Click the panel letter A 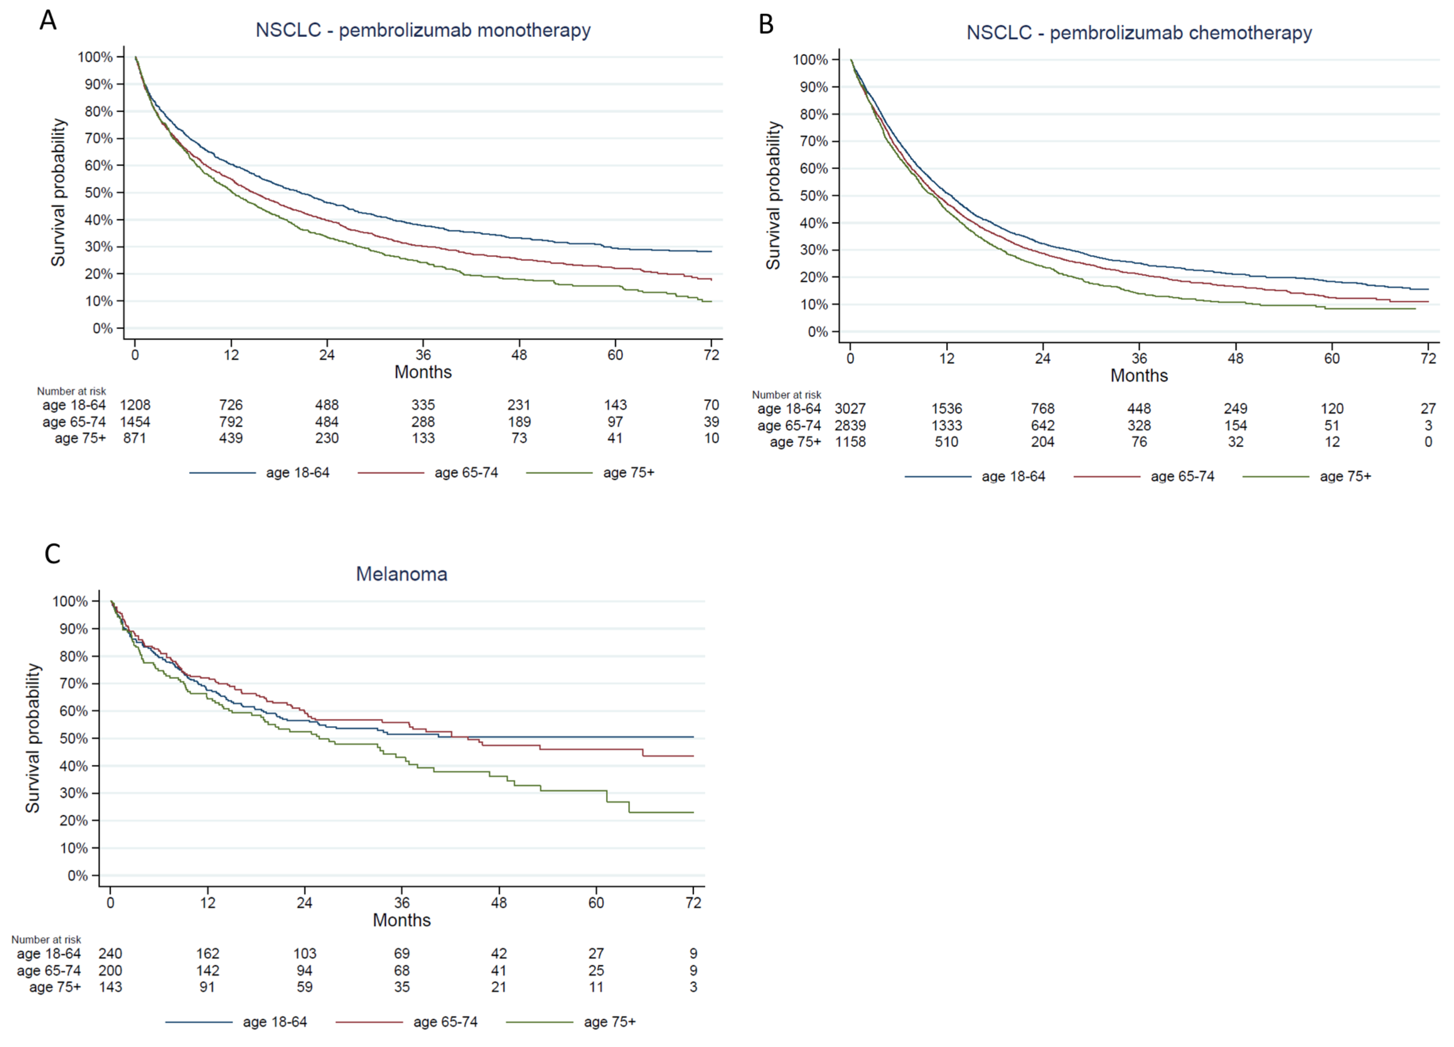point(48,21)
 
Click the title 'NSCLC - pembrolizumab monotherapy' point(423,30)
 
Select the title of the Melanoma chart point(402,574)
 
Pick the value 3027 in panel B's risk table point(850,408)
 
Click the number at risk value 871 point(135,438)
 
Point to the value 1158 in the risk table point(850,442)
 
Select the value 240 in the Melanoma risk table point(110,954)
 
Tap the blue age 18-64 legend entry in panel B point(975,476)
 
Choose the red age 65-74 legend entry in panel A point(428,472)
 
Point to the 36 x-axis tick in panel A point(423,355)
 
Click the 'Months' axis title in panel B point(1139,376)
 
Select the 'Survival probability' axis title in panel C point(33,738)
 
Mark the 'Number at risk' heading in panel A point(71,391)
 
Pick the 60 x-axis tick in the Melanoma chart point(596,903)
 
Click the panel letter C point(53,553)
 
